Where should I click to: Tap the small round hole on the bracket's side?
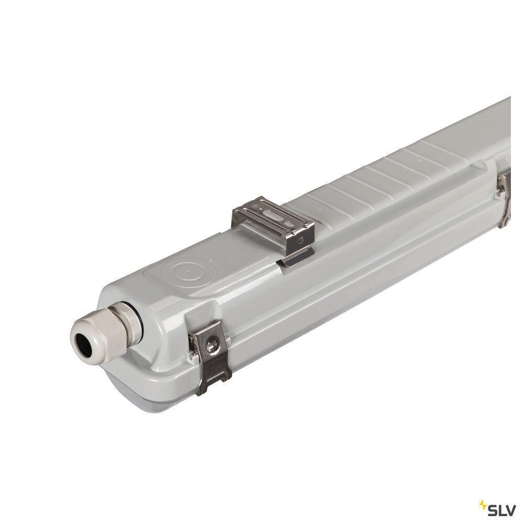pyautogui.click(x=300, y=239)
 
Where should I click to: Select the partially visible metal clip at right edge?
pyautogui.click(x=504, y=201)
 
